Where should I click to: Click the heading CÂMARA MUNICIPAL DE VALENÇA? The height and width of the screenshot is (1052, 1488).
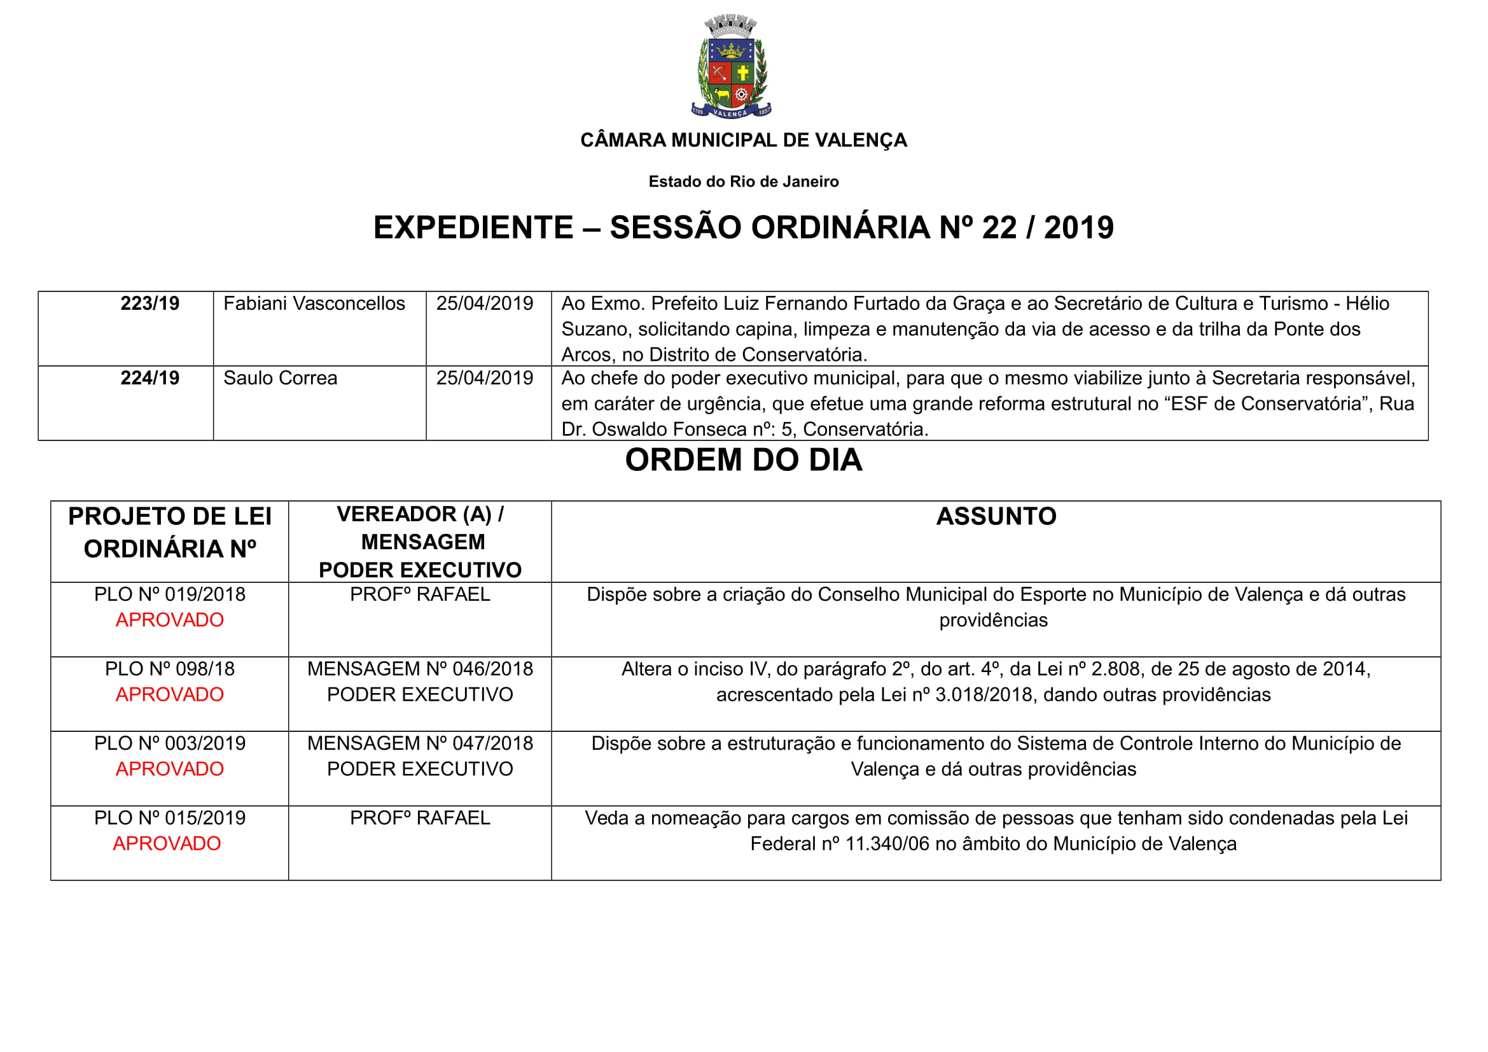click(x=743, y=140)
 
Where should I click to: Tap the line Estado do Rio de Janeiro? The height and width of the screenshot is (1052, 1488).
click(x=743, y=181)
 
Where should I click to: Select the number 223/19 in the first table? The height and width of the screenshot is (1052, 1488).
click(x=149, y=304)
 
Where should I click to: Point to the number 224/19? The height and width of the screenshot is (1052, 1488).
click(x=149, y=378)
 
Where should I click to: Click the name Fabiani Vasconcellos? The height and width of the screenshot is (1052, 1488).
click(x=314, y=304)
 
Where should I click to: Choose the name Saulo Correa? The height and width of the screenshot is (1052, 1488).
click(x=280, y=378)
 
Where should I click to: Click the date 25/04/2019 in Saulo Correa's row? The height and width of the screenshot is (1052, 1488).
click(x=485, y=378)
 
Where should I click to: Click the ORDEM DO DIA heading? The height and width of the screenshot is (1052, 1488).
click(x=743, y=460)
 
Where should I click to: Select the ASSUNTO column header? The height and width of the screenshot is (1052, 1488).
click(x=996, y=517)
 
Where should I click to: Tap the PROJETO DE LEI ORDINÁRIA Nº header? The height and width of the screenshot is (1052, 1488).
click(x=170, y=532)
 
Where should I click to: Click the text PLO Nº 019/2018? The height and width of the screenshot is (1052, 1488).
click(x=170, y=594)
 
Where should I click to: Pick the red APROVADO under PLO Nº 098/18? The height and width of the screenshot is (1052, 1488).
click(x=170, y=694)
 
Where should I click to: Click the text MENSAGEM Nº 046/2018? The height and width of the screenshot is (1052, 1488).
click(x=420, y=669)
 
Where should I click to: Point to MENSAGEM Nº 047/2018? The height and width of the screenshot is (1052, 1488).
click(x=420, y=743)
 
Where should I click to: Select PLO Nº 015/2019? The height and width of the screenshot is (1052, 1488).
click(x=170, y=818)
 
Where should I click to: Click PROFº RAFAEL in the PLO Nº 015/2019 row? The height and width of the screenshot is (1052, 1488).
click(x=420, y=818)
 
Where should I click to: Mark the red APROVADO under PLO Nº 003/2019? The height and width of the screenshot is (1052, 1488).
click(x=170, y=769)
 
